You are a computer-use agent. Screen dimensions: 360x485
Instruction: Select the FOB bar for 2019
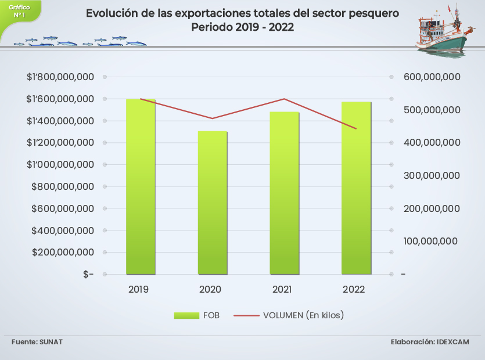[x=141, y=186]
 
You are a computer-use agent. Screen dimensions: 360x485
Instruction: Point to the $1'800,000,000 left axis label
[x=60, y=77]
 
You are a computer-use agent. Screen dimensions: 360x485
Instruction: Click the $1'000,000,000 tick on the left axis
[x=60, y=164]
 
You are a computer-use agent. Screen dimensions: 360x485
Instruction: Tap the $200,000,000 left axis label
[x=63, y=252]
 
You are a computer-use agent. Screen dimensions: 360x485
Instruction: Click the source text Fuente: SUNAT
[x=37, y=341]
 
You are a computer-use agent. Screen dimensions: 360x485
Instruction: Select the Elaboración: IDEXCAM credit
[x=430, y=341]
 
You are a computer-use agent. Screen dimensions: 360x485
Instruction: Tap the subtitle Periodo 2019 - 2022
[x=243, y=27]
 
